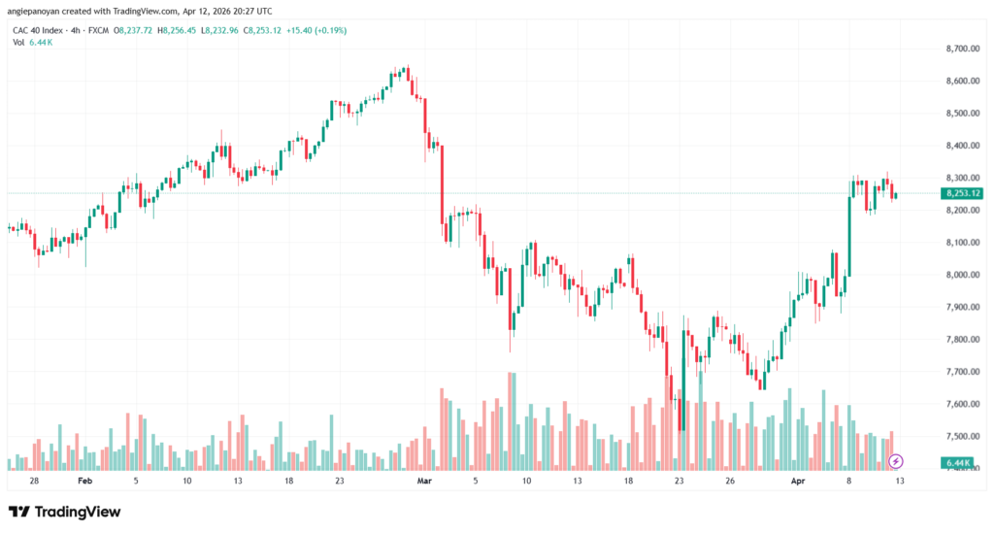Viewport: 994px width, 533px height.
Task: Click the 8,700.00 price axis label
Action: click(x=961, y=49)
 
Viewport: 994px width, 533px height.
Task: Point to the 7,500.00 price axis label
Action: click(x=961, y=436)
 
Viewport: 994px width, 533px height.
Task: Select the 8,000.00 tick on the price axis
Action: click(x=961, y=275)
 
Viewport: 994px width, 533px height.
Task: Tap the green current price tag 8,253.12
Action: click(x=962, y=193)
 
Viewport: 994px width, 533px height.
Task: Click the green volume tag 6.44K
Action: click(x=958, y=463)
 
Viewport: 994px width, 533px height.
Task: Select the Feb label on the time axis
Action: click(x=84, y=481)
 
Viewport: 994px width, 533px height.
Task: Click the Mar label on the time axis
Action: click(x=423, y=481)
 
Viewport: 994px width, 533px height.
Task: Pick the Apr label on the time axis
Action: click(x=798, y=481)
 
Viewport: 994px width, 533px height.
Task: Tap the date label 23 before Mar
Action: click(x=339, y=481)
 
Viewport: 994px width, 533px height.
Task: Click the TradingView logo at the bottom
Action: click(x=65, y=512)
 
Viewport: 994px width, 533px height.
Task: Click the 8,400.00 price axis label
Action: click(x=961, y=146)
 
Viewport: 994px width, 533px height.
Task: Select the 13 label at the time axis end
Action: click(x=901, y=481)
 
